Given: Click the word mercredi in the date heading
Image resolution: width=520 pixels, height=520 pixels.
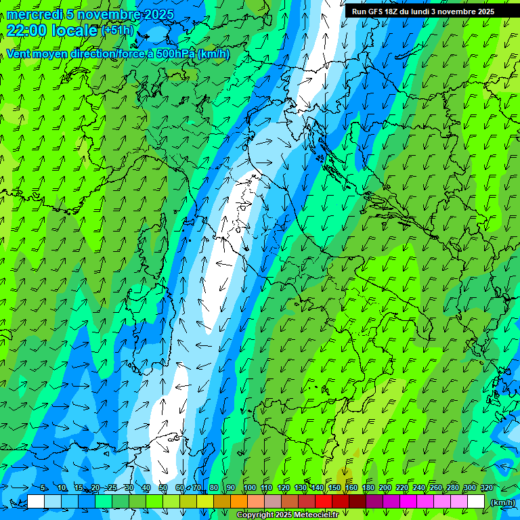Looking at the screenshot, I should [x=35, y=14].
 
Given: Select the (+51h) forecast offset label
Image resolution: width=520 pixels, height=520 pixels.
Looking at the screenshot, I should [x=117, y=30].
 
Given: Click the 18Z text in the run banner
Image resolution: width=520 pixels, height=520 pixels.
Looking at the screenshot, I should [x=391, y=12].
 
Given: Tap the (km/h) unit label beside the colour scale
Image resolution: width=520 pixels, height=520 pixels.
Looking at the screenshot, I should [x=502, y=502].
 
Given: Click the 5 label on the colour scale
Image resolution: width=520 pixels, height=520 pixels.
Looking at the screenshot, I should [x=44, y=488].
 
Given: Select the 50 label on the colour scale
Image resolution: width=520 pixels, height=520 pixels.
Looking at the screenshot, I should [x=163, y=488].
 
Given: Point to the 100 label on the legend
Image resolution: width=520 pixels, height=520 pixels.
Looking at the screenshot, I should [x=250, y=488].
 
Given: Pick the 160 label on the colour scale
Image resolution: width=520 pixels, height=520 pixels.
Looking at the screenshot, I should [x=351, y=488].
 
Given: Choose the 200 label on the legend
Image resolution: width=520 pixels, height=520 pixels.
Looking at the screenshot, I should [x=385, y=488].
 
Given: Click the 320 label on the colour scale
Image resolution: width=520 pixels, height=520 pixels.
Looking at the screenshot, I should [x=486, y=488].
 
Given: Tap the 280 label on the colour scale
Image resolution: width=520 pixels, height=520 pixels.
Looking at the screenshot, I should [x=452, y=488].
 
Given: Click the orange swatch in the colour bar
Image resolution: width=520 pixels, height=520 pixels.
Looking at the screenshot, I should [x=239, y=502].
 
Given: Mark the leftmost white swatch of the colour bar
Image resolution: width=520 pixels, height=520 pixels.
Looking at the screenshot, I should [x=36, y=502].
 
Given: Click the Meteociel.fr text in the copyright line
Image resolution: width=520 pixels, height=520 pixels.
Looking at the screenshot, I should [x=321, y=515].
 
